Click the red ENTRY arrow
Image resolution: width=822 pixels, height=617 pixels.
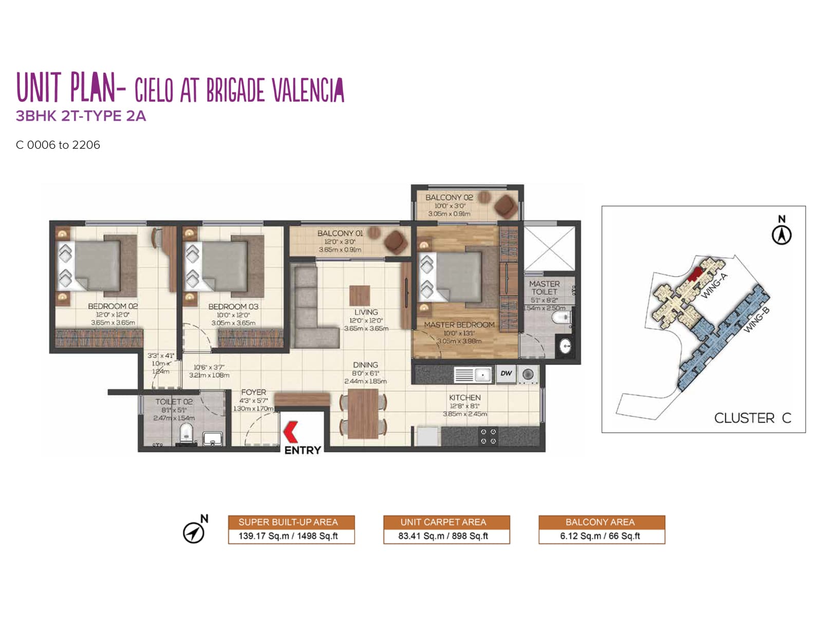(x=291, y=431)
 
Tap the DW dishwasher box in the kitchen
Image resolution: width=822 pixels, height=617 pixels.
(x=506, y=373)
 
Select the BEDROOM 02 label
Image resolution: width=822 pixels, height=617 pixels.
(x=113, y=306)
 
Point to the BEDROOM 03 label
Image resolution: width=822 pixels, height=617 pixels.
(x=233, y=306)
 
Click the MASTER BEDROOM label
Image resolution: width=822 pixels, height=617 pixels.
(x=459, y=325)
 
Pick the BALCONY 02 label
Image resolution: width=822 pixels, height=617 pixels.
(x=449, y=197)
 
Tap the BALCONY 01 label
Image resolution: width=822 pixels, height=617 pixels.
(x=340, y=233)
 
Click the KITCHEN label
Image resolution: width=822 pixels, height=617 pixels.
(x=465, y=397)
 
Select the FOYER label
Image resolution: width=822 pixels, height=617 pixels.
(x=254, y=392)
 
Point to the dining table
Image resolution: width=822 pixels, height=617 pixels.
(x=363, y=413)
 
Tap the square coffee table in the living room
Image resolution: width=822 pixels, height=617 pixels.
(x=360, y=295)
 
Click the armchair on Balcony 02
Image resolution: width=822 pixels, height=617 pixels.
(x=506, y=206)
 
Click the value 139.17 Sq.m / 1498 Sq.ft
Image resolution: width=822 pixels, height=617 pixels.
(x=288, y=536)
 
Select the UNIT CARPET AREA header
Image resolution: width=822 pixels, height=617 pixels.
(x=443, y=522)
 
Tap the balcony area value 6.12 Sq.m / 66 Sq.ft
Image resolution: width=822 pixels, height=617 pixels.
(x=600, y=536)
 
